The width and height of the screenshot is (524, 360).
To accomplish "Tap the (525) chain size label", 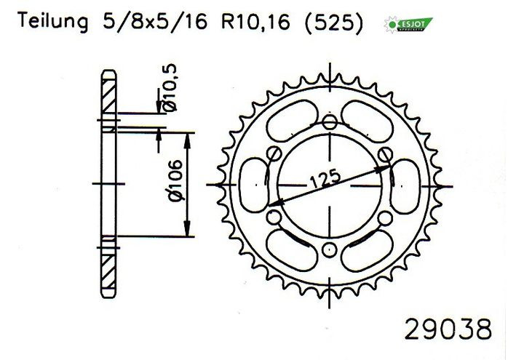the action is pos(333,23).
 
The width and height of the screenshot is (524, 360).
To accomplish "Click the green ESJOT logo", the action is pos(408,25).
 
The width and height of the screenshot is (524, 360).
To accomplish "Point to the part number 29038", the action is pos(448,329).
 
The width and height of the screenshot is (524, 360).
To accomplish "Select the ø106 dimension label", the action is pos(176,180).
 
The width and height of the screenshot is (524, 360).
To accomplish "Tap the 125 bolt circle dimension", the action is pos(325,180).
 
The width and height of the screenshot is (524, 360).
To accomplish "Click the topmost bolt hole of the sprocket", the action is pos(330,123).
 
